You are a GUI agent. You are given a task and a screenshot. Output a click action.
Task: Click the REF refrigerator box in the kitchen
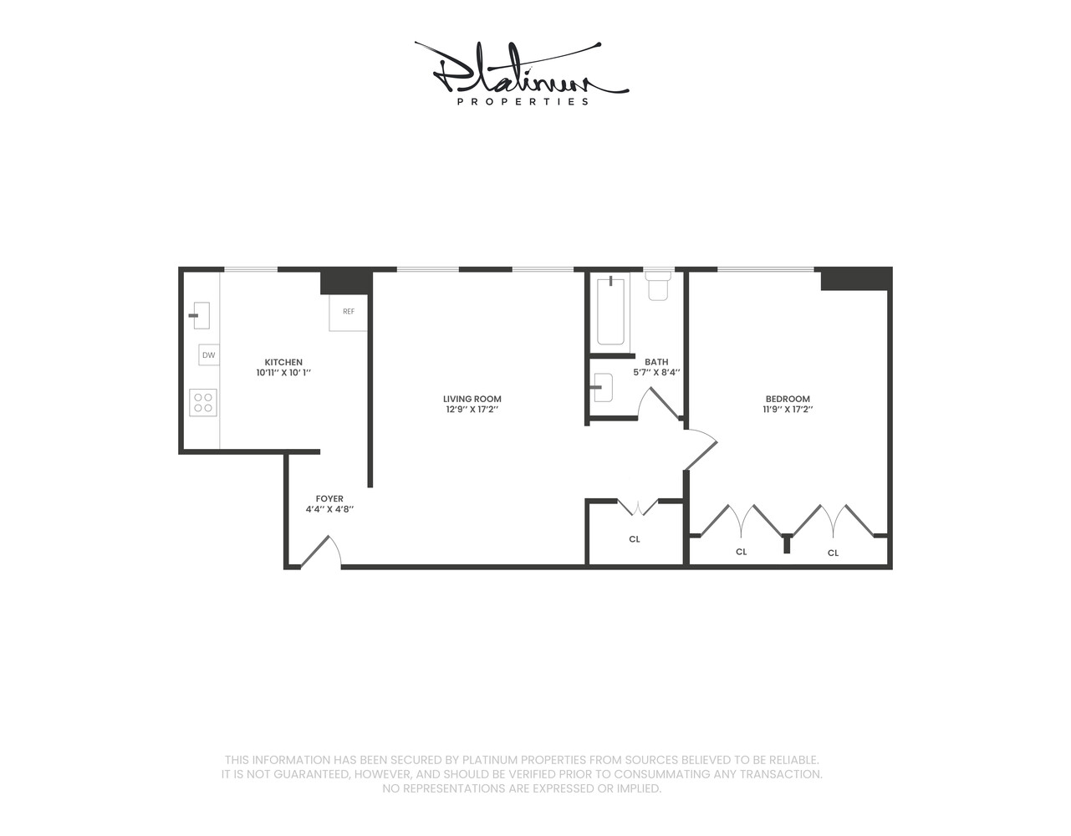348,312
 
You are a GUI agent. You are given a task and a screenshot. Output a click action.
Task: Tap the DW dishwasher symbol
208,355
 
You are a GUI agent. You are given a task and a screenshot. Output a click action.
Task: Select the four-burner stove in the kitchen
203,403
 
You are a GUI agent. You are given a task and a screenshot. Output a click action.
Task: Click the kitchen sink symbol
200,315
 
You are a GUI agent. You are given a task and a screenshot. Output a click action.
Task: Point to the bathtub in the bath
610,311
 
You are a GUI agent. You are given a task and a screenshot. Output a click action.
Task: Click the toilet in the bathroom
659,285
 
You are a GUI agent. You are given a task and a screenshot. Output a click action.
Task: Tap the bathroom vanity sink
602,388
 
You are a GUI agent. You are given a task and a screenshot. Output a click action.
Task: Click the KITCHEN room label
283,363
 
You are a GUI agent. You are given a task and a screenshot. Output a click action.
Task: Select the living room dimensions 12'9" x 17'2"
472,410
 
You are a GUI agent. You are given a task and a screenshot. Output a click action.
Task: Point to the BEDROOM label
788,399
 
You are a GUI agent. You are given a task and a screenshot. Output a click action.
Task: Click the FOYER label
329,499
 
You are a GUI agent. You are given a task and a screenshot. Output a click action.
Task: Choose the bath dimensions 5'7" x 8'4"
656,373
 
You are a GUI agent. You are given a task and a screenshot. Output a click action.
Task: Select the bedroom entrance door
701,450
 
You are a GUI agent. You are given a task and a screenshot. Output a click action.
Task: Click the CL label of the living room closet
635,539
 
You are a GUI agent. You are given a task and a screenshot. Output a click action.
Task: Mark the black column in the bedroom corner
854,279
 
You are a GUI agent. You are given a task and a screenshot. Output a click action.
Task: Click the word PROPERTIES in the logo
523,102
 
